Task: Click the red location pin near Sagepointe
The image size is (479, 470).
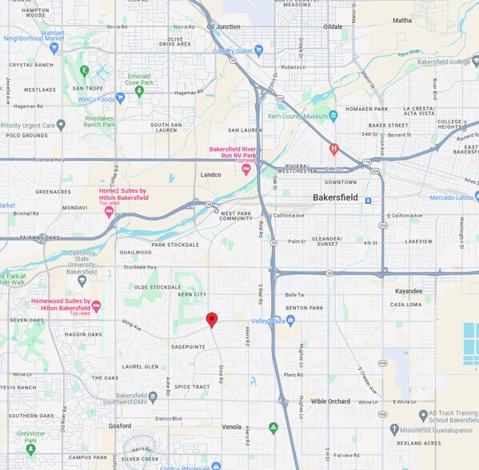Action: point(212,320)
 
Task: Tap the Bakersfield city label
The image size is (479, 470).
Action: point(334,197)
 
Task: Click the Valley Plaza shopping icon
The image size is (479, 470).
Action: point(290,321)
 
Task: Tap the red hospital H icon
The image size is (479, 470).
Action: point(334,149)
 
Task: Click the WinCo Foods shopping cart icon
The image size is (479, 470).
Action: point(121,98)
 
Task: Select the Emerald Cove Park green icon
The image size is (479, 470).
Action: point(139,91)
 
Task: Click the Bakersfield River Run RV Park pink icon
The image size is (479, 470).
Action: point(246,169)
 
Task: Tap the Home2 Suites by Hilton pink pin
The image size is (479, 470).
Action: point(109,212)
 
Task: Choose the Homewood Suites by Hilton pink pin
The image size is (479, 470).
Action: point(97,306)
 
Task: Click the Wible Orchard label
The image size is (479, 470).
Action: point(330,401)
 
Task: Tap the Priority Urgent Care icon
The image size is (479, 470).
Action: point(61,125)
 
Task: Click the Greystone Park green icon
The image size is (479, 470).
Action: point(31,448)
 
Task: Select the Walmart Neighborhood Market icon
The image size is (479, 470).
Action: point(54,48)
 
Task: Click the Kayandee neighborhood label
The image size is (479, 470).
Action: point(408,291)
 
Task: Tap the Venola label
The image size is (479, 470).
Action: point(231,427)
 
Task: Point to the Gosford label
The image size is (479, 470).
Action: point(120,426)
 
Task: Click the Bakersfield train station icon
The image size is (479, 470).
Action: point(368,201)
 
